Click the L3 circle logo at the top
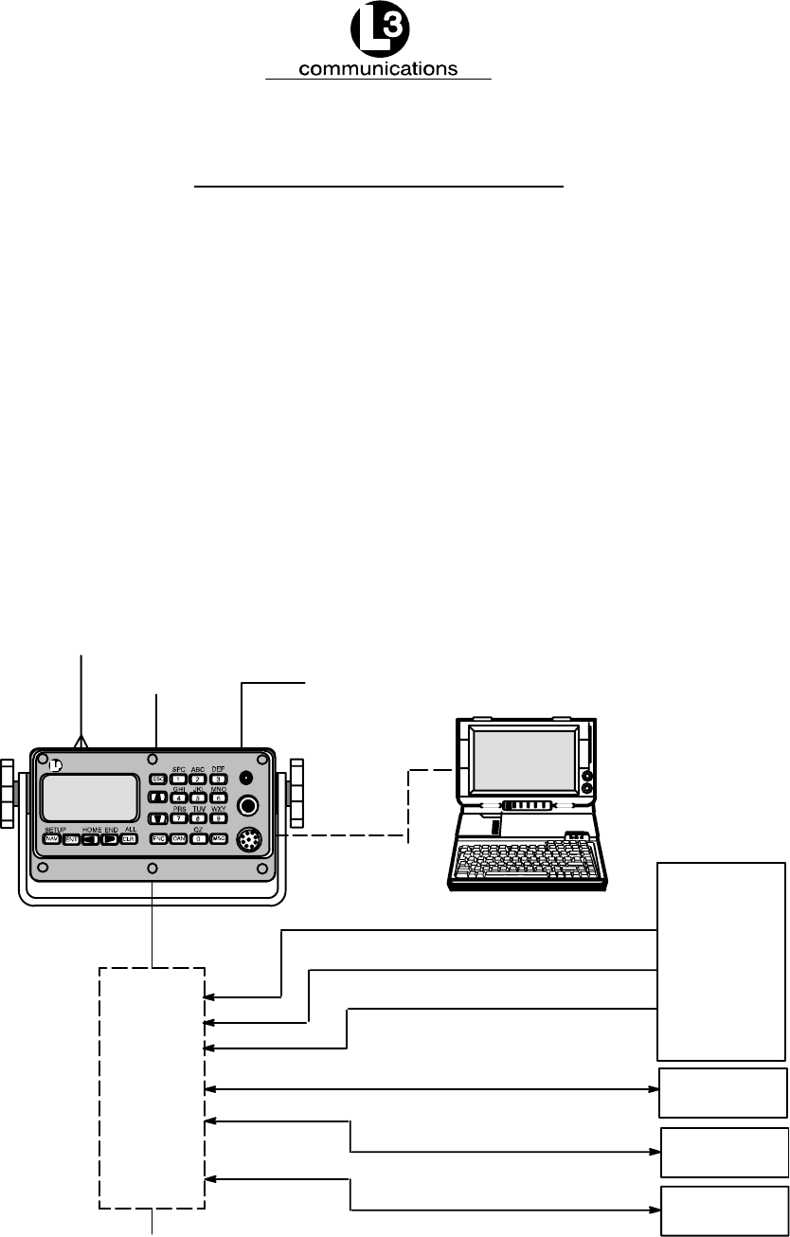tap(378, 32)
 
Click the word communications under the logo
tap(378, 69)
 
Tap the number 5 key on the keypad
tap(198, 798)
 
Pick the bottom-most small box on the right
tap(724, 1210)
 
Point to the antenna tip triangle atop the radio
tap(82, 743)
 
